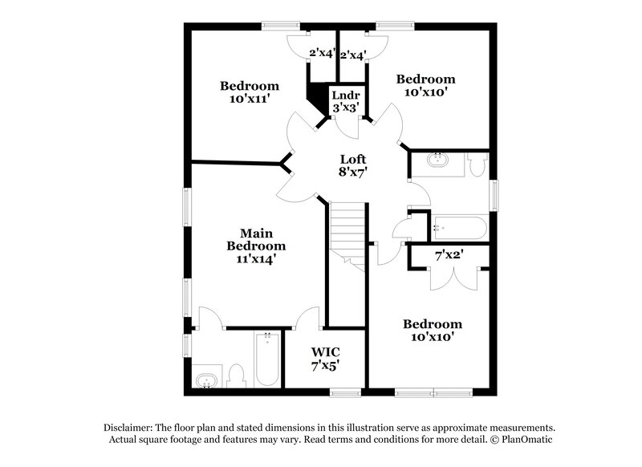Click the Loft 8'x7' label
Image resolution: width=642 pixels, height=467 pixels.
tap(352, 165)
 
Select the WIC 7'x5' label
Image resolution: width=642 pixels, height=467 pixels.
tap(325, 358)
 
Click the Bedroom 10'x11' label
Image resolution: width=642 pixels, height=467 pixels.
tap(250, 92)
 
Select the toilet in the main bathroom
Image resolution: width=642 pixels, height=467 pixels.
tap(236, 375)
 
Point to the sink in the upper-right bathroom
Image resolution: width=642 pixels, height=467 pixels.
tap(439, 159)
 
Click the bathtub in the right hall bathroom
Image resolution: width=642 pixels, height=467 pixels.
tap(459, 228)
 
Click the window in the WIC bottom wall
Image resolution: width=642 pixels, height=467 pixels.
tap(346, 393)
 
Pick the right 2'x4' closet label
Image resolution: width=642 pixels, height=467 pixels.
tap(353, 55)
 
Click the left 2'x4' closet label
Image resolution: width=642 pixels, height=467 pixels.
tap(322, 55)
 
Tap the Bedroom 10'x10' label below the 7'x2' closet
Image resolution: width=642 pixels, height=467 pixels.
tap(433, 331)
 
